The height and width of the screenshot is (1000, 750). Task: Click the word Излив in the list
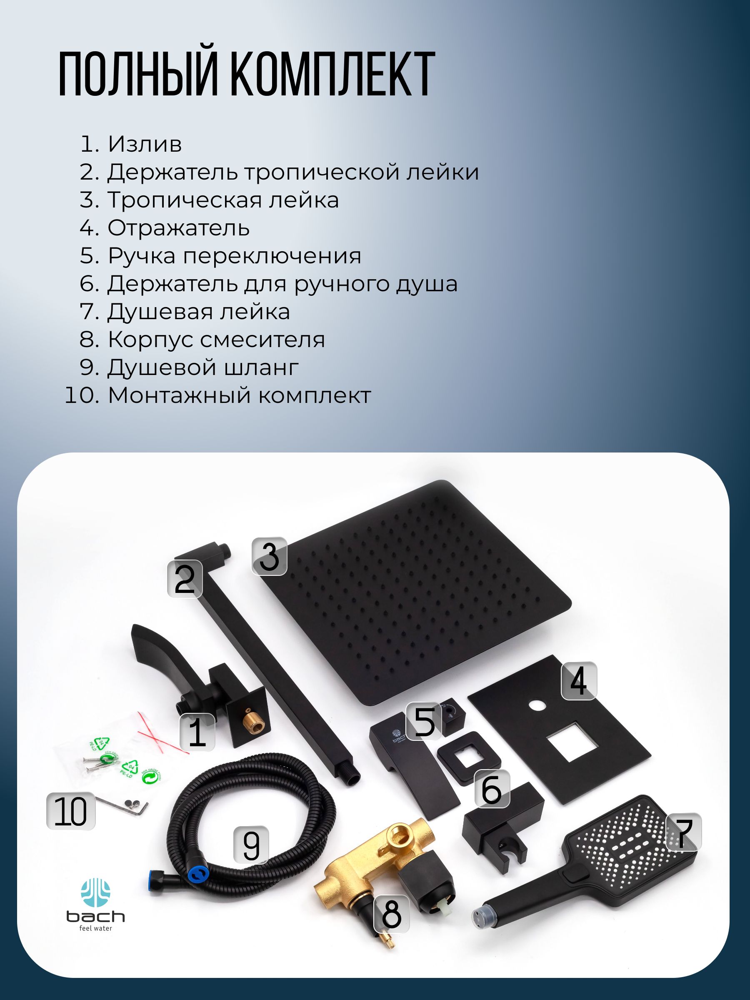pyautogui.click(x=145, y=144)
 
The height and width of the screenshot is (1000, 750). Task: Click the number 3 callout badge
pyautogui.click(x=270, y=556)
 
